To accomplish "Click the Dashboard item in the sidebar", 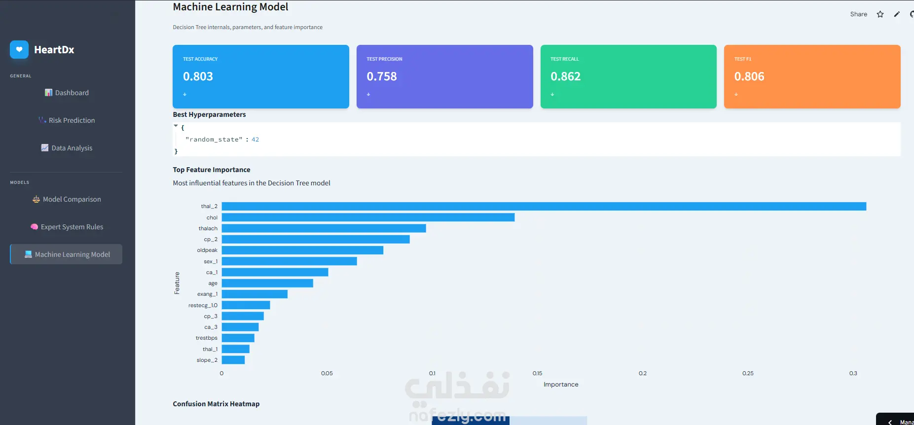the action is pyautogui.click(x=67, y=93).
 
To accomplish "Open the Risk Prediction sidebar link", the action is pyautogui.click(x=67, y=120).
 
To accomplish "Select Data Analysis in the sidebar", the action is pyautogui.click(x=67, y=148).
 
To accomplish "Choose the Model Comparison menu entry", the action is pyautogui.click(x=67, y=199).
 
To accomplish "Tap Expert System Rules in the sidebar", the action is pyautogui.click(x=67, y=227).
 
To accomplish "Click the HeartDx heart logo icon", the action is pyautogui.click(x=19, y=49).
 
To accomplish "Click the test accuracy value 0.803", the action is pyautogui.click(x=198, y=76).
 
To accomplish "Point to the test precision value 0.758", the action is pyautogui.click(x=382, y=76).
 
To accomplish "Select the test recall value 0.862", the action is pyautogui.click(x=566, y=76).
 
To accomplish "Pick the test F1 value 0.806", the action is pyautogui.click(x=749, y=76).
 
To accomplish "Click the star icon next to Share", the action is pyautogui.click(x=880, y=14).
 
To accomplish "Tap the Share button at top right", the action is pyautogui.click(x=859, y=14).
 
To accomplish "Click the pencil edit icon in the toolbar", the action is pyautogui.click(x=897, y=14).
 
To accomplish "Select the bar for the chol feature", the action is pyautogui.click(x=368, y=217).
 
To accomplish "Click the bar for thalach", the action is pyautogui.click(x=324, y=228).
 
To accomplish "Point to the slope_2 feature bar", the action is pyautogui.click(x=233, y=360).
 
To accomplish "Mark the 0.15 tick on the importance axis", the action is pyautogui.click(x=537, y=373).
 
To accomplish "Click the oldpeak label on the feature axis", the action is pyautogui.click(x=207, y=250).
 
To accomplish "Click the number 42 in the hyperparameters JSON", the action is pyautogui.click(x=255, y=140).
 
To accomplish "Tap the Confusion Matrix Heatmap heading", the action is pyautogui.click(x=216, y=404).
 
